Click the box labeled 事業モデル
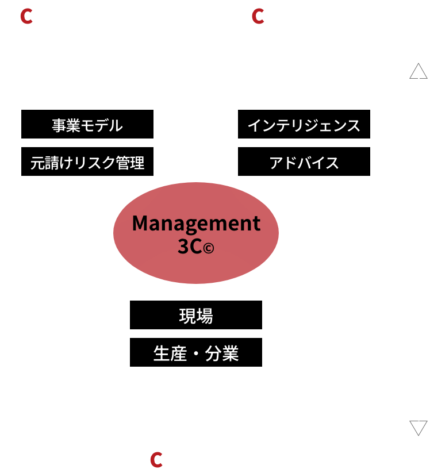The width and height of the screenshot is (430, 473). [x=87, y=125]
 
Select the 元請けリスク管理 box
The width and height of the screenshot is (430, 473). [x=87, y=162]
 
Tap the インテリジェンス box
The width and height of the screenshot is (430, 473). [x=304, y=125]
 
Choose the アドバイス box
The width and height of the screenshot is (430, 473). [x=304, y=162]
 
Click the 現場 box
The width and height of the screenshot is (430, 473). [x=196, y=315]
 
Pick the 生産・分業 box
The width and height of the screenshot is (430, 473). [x=196, y=352]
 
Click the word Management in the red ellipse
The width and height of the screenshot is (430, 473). [x=196, y=223]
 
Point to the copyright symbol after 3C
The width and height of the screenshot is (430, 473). [x=208, y=248]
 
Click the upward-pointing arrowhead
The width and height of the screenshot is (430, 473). [x=418, y=70]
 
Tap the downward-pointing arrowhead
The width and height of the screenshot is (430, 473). [x=418, y=428]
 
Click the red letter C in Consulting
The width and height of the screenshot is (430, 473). [x=258, y=17]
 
